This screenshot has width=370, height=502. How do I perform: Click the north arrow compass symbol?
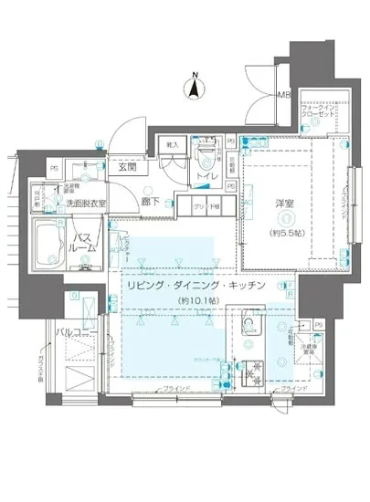[x=194, y=88]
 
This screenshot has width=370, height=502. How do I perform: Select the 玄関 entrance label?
[x=127, y=167]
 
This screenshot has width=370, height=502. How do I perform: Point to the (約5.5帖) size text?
[x=284, y=232]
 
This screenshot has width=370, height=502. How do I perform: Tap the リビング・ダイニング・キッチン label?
[x=196, y=285]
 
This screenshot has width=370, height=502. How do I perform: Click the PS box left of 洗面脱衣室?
[x=54, y=168]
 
